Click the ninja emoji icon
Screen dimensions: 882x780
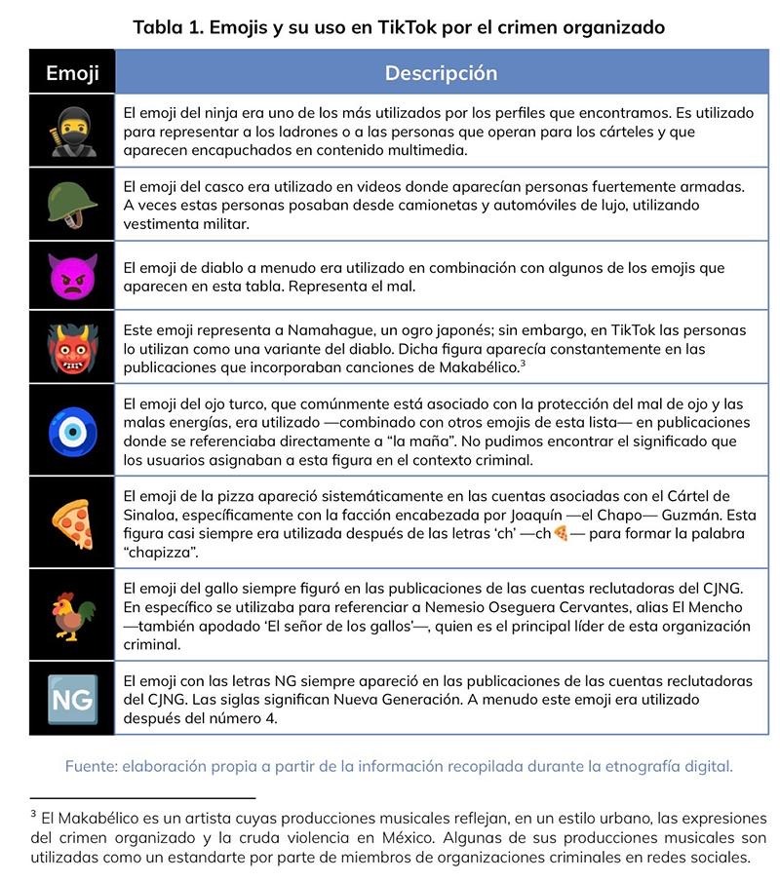[x=72, y=132]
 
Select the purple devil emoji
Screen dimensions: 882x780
[x=72, y=277]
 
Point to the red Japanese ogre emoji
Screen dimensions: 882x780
[x=72, y=348]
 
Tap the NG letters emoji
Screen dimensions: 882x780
[x=72, y=699]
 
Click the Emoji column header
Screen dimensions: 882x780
[x=72, y=73]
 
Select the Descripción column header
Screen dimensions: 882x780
[x=441, y=73]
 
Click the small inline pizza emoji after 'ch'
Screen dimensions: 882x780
[x=561, y=534]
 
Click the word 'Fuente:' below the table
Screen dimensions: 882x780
[x=91, y=766]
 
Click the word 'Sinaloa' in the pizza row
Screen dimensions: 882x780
[x=155, y=516]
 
